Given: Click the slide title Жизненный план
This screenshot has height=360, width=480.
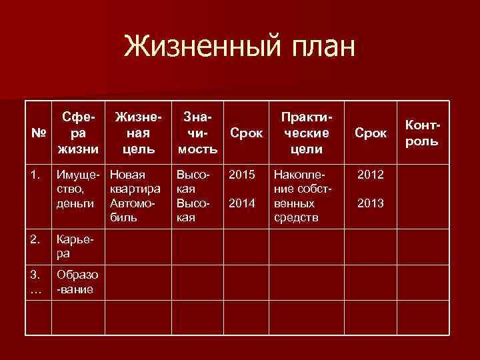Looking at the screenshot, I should click(x=241, y=47).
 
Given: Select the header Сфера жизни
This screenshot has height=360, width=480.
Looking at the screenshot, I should click(x=79, y=133).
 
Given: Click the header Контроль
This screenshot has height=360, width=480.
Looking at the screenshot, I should click(x=421, y=133).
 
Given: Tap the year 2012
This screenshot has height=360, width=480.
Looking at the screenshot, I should click(x=370, y=175).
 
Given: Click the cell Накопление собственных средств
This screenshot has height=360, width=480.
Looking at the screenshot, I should click(x=302, y=196).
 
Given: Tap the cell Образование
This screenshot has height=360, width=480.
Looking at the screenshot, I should click(x=77, y=282).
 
